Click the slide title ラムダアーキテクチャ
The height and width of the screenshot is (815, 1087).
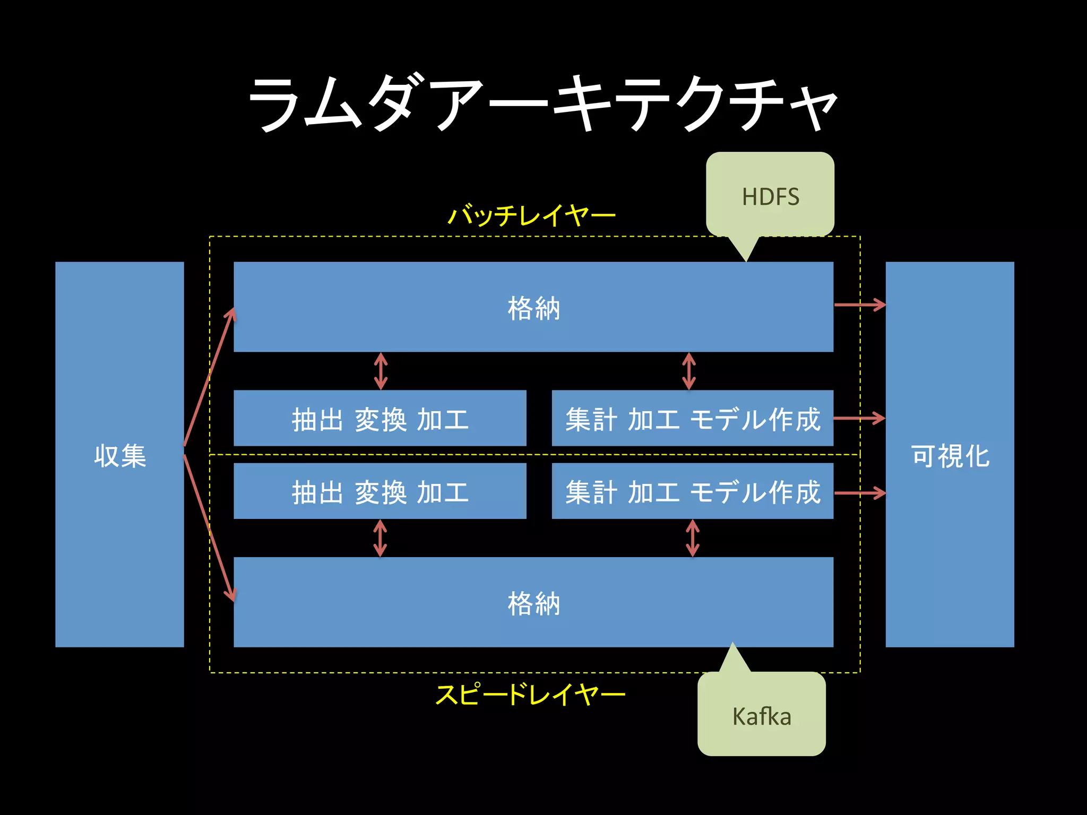tap(542, 103)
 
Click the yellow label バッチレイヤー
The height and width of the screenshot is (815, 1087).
tap(531, 215)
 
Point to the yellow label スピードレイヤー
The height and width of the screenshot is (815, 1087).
tap(530, 695)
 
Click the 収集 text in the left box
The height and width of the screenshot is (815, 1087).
tap(120, 455)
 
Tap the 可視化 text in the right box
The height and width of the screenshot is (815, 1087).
tap(950, 455)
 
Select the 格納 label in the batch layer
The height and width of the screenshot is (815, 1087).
tap(533, 308)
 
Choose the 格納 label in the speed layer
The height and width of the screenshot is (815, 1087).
tap(533, 603)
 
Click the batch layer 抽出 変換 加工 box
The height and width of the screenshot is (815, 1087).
tap(380, 418)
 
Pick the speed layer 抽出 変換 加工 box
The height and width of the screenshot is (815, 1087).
tap(380, 491)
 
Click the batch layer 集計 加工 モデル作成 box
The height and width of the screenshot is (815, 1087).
tap(693, 418)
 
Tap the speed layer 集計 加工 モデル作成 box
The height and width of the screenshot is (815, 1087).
tap(693, 491)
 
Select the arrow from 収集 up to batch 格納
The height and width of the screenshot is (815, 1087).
tap(209, 377)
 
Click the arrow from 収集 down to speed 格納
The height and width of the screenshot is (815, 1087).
tap(209, 527)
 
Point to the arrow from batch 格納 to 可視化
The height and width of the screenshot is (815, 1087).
tap(859, 305)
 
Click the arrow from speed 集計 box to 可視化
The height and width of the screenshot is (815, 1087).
tap(859, 493)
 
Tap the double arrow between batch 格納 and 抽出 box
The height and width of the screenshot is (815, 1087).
tap(381, 371)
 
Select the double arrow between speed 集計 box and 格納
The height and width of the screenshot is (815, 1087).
tap(693, 537)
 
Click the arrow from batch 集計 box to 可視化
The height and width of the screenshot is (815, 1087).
tap(859, 418)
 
